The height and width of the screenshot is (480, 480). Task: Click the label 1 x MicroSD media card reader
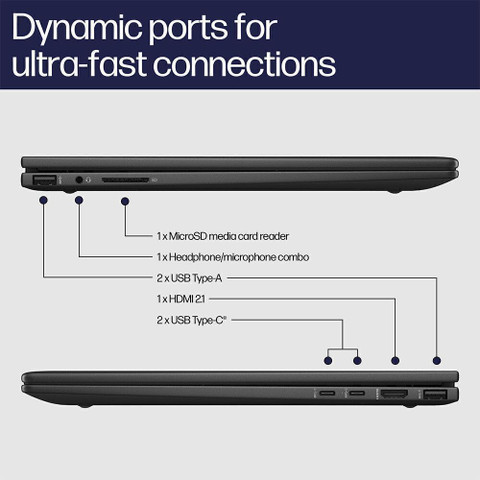tap(223, 236)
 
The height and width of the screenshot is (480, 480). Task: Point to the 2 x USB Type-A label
tap(189, 278)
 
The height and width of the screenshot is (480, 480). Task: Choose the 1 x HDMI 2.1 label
tap(181, 299)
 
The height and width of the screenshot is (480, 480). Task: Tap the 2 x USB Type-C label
tap(191, 320)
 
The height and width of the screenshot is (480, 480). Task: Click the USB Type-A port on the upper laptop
tap(44, 180)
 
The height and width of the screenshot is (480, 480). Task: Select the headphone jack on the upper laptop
tap(79, 180)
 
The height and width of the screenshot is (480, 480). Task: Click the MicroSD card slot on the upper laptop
tap(125, 180)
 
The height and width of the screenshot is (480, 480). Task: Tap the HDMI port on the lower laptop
tap(394, 394)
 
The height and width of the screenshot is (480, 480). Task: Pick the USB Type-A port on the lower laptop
tap(435, 395)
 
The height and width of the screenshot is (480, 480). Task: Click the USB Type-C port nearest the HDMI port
tap(357, 393)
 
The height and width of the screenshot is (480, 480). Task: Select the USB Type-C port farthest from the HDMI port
tap(327, 393)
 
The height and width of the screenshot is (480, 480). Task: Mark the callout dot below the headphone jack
tap(79, 200)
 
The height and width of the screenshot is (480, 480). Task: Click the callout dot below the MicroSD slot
tap(125, 201)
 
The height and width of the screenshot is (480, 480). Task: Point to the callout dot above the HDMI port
tap(395, 360)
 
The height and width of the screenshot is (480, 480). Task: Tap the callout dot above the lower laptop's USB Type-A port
tap(437, 360)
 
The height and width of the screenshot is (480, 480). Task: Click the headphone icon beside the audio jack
tap(88, 180)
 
